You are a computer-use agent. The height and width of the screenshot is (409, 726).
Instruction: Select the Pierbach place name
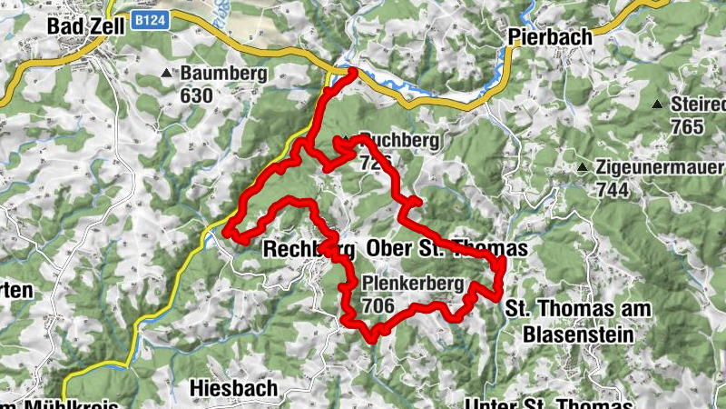[550, 38]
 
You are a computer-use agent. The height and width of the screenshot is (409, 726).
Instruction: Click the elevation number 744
[614, 190]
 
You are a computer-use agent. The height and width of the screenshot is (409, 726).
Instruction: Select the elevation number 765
[689, 125]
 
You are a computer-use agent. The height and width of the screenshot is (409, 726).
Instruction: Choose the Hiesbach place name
[234, 388]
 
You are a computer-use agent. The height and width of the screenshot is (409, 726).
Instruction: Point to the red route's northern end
[352, 71]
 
